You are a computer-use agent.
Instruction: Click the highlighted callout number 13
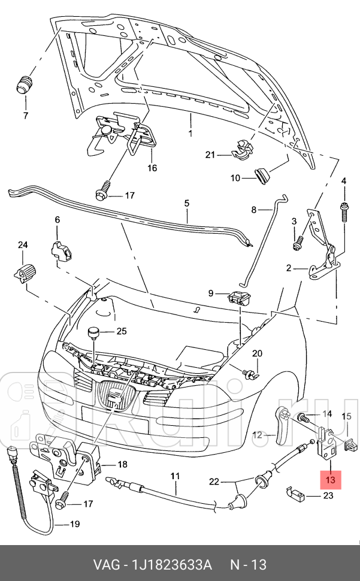click(x=331, y=479)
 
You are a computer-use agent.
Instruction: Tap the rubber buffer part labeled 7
click(x=25, y=84)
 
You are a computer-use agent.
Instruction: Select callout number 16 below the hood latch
click(x=152, y=168)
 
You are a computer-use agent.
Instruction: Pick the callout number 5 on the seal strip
click(x=186, y=203)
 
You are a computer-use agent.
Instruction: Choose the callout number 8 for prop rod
click(x=253, y=210)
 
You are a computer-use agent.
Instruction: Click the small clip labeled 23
click(x=299, y=494)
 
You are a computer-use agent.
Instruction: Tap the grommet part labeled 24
click(x=24, y=272)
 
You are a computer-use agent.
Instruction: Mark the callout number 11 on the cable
click(x=174, y=477)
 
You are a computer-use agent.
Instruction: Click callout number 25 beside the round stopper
click(x=122, y=331)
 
